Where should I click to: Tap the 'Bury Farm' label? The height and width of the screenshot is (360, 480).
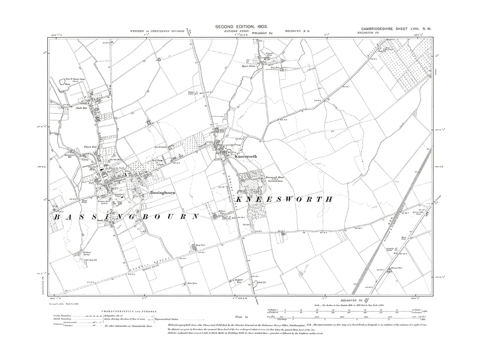pos(201,244)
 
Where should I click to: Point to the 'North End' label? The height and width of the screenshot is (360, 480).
pos(81,108)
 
